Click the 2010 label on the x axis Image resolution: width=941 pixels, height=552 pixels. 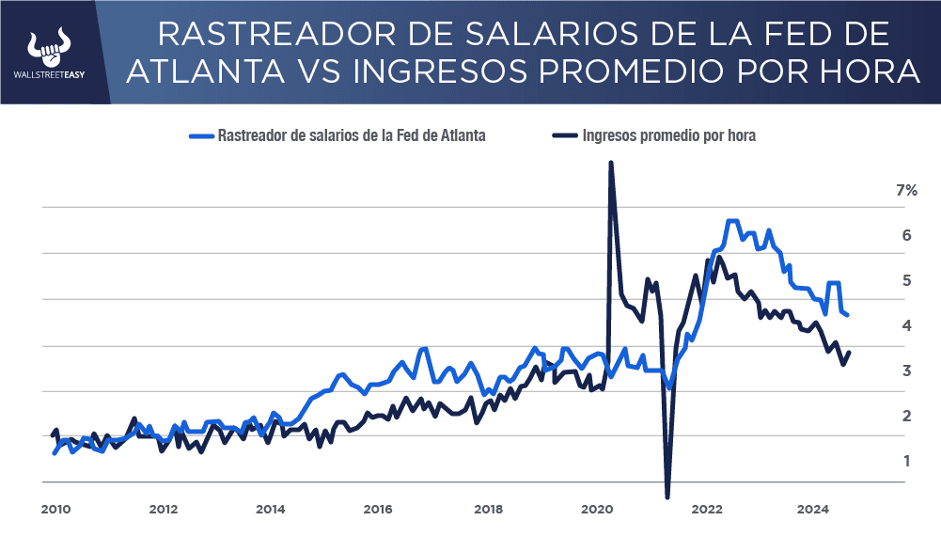tap(55, 510)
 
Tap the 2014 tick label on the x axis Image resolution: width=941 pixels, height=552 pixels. tap(271, 510)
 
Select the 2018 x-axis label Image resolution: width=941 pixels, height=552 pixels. tap(488, 510)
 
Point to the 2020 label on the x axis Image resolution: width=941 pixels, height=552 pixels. tap(598, 510)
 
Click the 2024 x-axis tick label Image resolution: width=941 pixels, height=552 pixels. tap(812, 510)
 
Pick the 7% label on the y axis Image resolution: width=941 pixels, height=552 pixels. tap(906, 190)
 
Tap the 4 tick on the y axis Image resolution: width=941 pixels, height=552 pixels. tap(908, 325)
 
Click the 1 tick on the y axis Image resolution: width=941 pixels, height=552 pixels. tap(908, 461)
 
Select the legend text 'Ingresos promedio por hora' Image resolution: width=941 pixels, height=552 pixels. tap(668, 135)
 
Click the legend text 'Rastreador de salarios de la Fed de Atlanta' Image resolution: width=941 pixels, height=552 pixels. tap(352, 135)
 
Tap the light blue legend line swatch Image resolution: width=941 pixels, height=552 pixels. tap(200, 135)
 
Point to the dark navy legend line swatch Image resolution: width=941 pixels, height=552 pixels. tap(562, 135)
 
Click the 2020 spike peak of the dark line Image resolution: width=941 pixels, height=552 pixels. tap(611, 163)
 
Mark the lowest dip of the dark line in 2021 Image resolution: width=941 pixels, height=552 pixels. tap(667, 496)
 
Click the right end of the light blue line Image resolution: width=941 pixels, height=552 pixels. tap(847, 314)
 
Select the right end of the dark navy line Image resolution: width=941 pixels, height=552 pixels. tap(849, 353)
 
